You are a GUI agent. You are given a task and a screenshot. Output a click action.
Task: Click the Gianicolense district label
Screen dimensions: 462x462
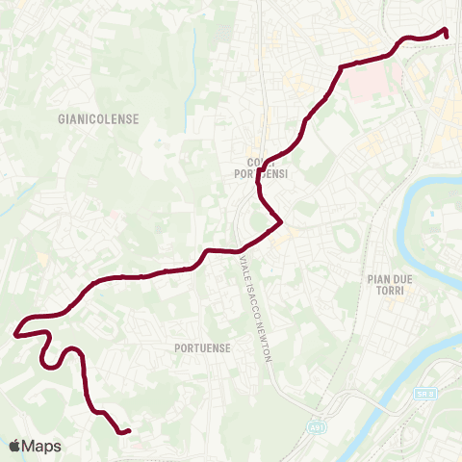[x=99, y=118]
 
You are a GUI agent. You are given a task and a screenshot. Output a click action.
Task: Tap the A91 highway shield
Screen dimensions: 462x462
[x=317, y=423]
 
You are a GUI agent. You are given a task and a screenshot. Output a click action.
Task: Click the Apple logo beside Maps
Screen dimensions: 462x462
[x=14, y=447]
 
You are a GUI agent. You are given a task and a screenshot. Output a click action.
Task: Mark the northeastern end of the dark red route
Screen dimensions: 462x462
[x=447, y=36]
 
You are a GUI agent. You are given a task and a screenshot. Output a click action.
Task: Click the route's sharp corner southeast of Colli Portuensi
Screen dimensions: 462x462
[x=280, y=223]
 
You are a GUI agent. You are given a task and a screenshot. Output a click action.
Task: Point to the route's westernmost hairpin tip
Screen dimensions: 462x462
[x=15, y=335]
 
